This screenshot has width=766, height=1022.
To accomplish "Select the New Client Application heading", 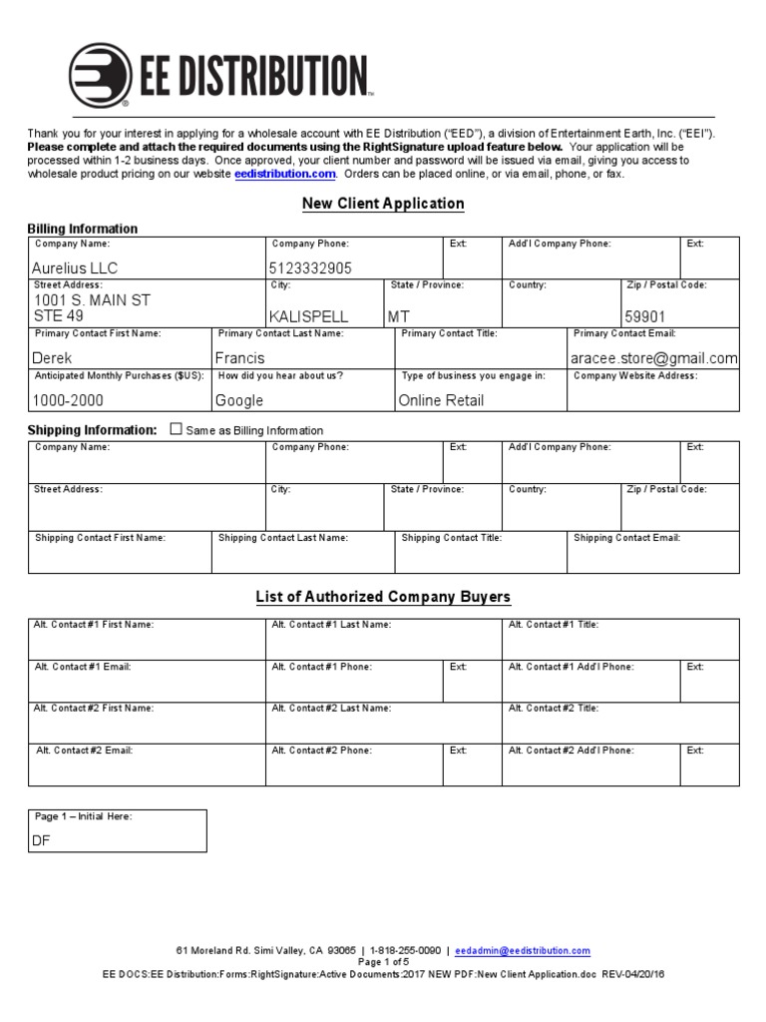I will point(384,204).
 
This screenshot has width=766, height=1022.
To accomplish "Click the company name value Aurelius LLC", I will point(76,268).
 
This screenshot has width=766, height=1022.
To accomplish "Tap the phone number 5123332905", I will point(310,268).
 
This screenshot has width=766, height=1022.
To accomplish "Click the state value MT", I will point(398,316).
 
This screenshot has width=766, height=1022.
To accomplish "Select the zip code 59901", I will point(645,316).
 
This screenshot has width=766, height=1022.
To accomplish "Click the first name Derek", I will point(53,357).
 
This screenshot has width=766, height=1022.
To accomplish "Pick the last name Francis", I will point(240,357).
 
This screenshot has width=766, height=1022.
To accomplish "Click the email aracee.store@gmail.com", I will point(654,357).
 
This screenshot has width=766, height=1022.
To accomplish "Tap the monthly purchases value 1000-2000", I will point(68,400).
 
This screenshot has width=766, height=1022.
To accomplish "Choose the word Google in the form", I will point(239,400).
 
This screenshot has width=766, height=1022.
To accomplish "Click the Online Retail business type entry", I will point(441,400).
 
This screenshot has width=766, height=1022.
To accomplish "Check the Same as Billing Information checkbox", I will point(177,429).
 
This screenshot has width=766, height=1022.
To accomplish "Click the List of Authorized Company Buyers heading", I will point(383,597).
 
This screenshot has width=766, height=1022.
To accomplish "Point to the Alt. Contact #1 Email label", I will point(82,666).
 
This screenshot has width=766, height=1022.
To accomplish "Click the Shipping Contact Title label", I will point(451,538).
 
